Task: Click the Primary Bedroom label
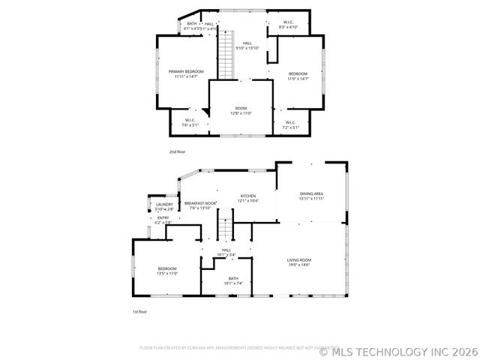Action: [x=185, y=73]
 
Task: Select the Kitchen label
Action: [x=248, y=198]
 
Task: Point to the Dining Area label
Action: [x=311, y=196]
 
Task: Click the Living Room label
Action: [x=298, y=262]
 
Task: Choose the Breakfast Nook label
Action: [x=200, y=205]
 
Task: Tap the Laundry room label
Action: [x=164, y=206]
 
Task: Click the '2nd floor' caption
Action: [x=177, y=151]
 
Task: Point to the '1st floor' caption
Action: [x=139, y=311]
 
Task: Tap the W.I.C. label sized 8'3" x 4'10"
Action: [x=288, y=25]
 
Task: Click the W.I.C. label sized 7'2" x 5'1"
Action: [x=290, y=124]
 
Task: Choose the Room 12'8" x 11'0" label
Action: [x=241, y=111]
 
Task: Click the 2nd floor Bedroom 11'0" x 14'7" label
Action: [x=298, y=76]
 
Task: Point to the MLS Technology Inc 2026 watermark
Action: [x=398, y=350]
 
